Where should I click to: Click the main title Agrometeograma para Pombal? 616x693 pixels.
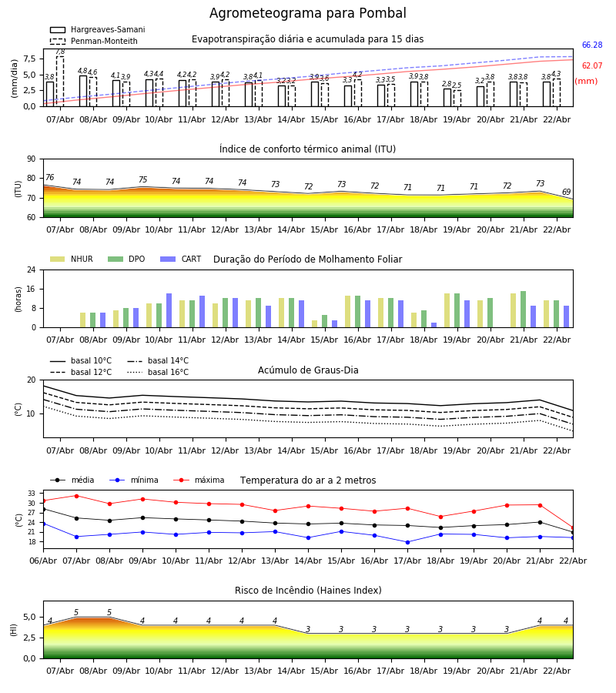pyautogui.click(x=307, y=14)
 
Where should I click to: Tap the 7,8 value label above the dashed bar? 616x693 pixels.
pyautogui.click(x=60, y=52)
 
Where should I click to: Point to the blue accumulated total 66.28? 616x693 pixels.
pyautogui.click(x=591, y=45)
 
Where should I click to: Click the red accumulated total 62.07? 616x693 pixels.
pyautogui.click(x=591, y=66)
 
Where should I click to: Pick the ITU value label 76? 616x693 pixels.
pyautogui.click(x=49, y=178)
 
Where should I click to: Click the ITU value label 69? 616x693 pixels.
pyautogui.click(x=566, y=192)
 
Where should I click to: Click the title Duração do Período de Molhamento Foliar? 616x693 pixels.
pyautogui.click(x=307, y=259)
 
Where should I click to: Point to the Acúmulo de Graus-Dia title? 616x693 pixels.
pyautogui.click(x=308, y=370)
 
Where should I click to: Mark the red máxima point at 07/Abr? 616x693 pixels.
pyautogui.click(x=76, y=496)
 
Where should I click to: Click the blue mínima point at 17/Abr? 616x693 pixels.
pyautogui.click(x=407, y=542)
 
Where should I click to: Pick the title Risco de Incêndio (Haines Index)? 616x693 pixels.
pyautogui.click(x=308, y=591)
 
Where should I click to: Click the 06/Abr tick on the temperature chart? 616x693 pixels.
pyautogui.click(x=43, y=560)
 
